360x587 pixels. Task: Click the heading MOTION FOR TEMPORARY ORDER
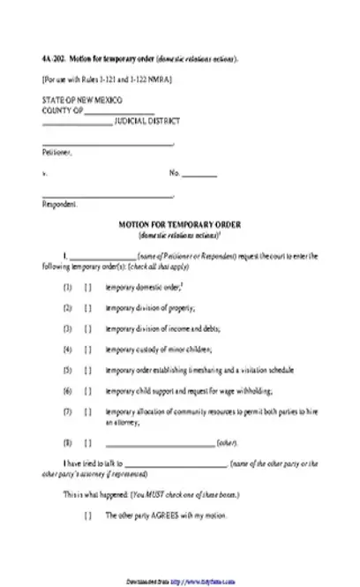pyautogui.click(x=179, y=227)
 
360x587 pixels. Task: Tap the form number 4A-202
pyautogui.click(x=51, y=59)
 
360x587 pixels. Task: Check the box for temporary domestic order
pyautogui.click(x=87, y=288)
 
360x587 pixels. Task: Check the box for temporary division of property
pyautogui.click(x=87, y=308)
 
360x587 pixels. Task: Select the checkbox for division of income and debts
pyautogui.click(x=87, y=328)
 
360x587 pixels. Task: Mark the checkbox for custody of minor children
pyautogui.click(x=87, y=349)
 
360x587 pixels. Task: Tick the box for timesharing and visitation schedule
pyautogui.click(x=87, y=370)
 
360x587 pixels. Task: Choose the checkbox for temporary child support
pyautogui.click(x=87, y=390)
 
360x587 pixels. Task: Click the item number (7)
pyautogui.click(x=66, y=411)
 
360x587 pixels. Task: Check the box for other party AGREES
pyautogui.click(x=87, y=515)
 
